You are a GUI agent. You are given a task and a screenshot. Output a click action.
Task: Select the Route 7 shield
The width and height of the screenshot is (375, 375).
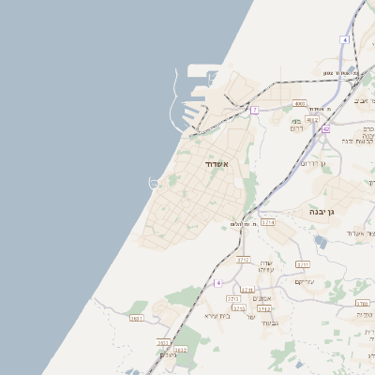click(254, 110)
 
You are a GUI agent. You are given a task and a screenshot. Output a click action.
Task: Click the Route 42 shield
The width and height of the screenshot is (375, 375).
click(325, 128)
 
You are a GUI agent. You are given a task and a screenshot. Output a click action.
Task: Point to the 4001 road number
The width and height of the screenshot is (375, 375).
click(299, 103)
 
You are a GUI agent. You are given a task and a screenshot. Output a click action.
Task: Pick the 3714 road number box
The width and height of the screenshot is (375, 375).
click(267, 222)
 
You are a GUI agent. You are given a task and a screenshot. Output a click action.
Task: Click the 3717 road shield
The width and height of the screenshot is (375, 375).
click(244, 259)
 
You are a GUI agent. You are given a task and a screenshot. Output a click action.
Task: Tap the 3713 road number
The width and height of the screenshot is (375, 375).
click(233, 298)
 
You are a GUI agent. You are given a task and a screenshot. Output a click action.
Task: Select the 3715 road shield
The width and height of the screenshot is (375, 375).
click(238, 307)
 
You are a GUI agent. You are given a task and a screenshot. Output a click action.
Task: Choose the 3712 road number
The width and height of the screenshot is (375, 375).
click(264, 307)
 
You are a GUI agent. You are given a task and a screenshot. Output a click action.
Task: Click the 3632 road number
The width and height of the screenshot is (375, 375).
click(181, 349)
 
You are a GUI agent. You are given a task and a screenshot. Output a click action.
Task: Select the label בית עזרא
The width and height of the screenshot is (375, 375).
click(217, 316)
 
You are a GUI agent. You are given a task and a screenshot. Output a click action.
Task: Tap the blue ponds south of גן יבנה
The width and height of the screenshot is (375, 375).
click(322, 242)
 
